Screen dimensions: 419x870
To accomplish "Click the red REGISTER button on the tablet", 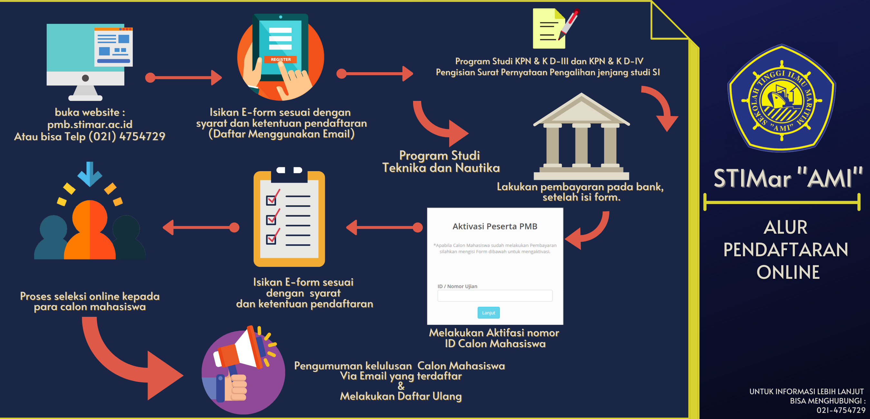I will (280, 60).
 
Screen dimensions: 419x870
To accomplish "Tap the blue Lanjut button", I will (488, 313).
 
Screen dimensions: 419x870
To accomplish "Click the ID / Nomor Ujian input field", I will (495, 296).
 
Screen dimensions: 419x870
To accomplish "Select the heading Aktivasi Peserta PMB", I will (495, 226).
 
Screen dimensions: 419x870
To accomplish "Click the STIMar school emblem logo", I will (781, 99).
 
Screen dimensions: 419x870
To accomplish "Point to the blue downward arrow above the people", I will (90, 174).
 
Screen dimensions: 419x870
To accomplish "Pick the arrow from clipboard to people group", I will (201, 228).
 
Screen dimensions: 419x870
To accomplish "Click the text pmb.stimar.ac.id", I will (90, 124).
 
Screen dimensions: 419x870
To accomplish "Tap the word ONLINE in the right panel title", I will (788, 272).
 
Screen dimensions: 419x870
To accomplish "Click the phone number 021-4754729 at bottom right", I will (841, 410).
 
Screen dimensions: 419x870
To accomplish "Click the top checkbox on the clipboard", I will (271, 200).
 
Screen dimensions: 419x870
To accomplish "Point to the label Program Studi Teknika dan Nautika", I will (441, 161).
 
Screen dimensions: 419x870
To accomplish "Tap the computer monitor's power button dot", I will (85, 78).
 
